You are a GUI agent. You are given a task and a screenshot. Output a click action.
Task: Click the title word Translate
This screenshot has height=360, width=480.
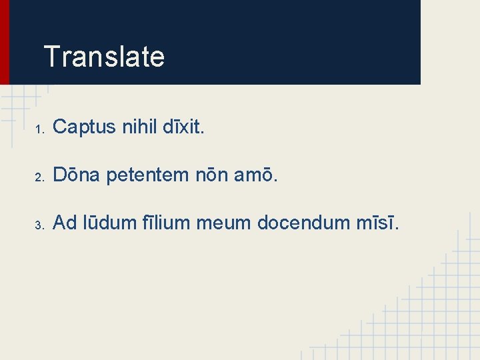pyautogui.click(x=103, y=57)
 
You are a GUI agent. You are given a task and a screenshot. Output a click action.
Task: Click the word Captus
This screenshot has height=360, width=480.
pyautogui.click(x=85, y=127)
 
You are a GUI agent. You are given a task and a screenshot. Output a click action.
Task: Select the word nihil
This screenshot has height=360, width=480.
pyautogui.click(x=141, y=127)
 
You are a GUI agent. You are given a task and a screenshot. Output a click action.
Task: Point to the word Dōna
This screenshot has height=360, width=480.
pyautogui.click(x=75, y=177)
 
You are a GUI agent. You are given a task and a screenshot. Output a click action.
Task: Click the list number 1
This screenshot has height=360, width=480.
pyautogui.click(x=39, y=128)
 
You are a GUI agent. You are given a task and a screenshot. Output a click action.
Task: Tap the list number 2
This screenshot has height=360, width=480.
pyautogui.click(x=40, y=178)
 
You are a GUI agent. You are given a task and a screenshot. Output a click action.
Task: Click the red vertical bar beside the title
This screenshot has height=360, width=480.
pyautogui.click(x=5, y=41)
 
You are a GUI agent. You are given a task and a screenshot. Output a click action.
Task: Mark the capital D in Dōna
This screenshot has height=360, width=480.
pyautogui.click(x=59, y=177)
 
